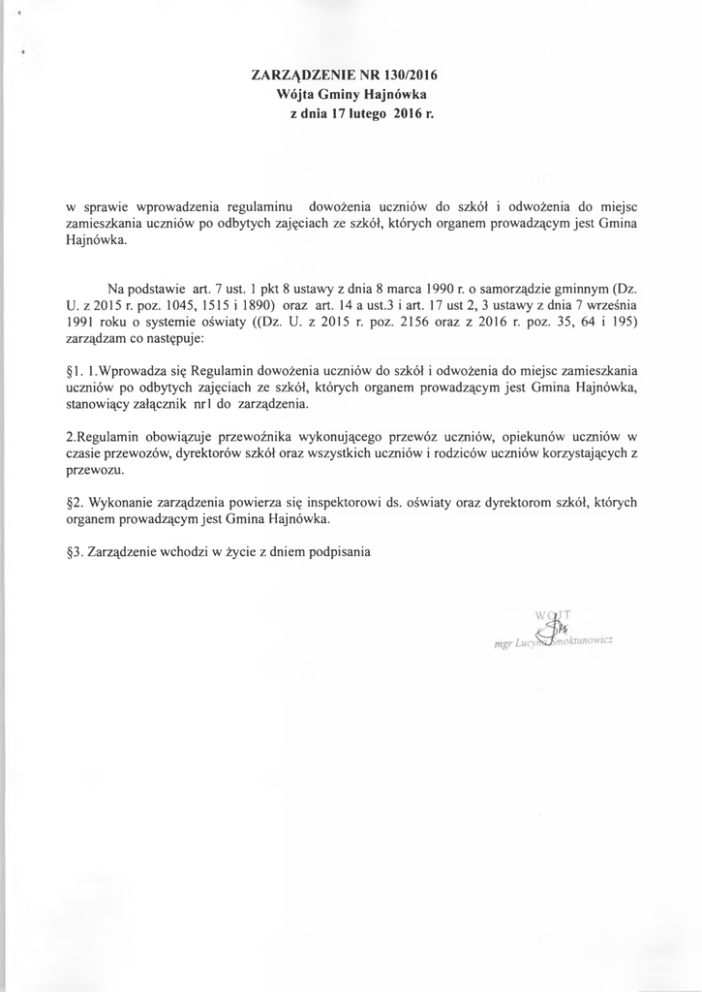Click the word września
[614, 304]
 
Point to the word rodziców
[463, 453]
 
